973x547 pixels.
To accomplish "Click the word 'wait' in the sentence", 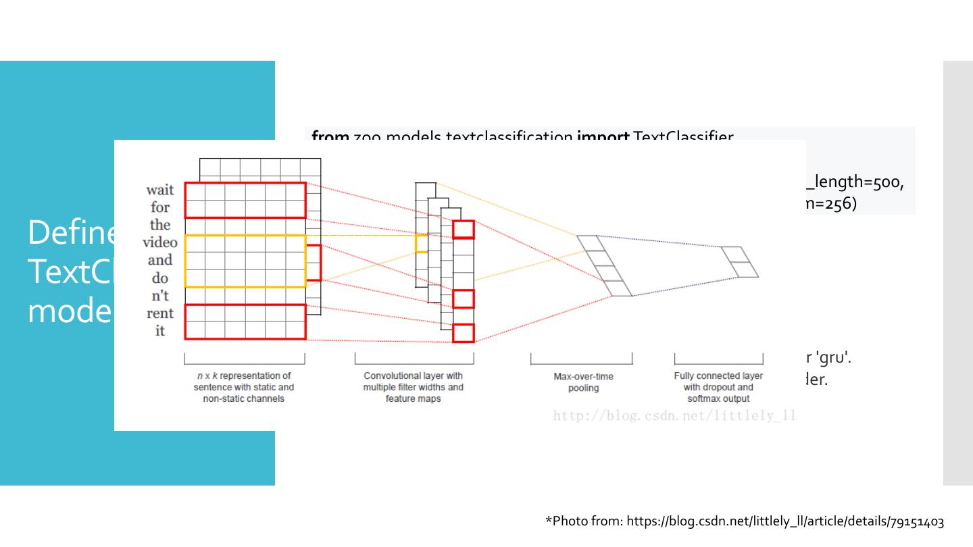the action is [x=159, y=190].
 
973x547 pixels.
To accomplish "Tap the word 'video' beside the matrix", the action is [x=159, y=242].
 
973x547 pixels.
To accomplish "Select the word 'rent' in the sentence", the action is [x=159, y=313].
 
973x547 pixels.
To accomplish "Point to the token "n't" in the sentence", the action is [x=160, y=296].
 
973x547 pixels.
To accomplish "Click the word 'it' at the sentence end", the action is [x=160, y=331].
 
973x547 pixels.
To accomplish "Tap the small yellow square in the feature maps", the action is [x=422, y=243].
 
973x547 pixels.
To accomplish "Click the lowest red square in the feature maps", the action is [x=464, y=333].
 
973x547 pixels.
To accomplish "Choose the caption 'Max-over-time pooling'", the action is [x=583, y=382].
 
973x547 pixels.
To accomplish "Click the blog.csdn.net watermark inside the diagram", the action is [x=674, y=415].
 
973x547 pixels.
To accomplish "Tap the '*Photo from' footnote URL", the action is [x=744, y=521].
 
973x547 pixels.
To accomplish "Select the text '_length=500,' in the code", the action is [x=855, y=182].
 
